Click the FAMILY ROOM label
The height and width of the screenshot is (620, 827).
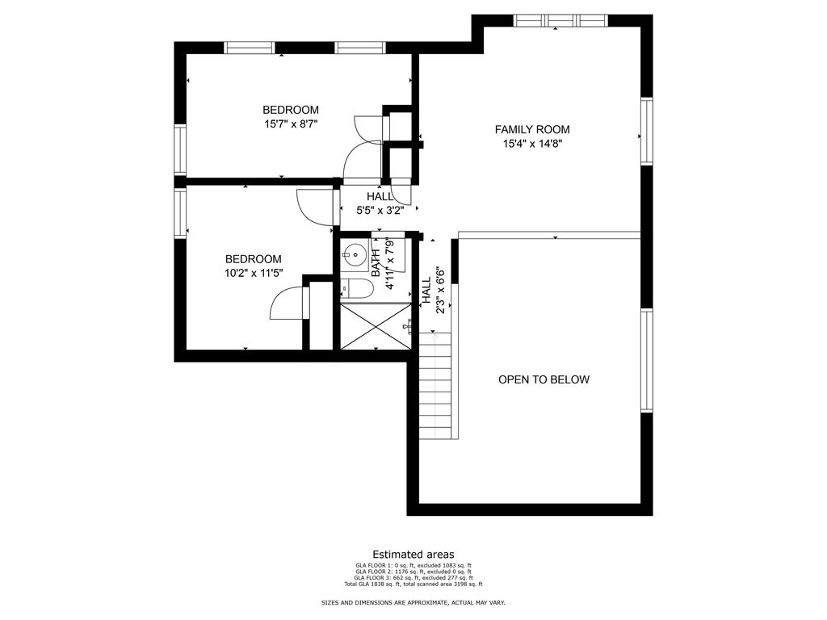[x=532, y=129]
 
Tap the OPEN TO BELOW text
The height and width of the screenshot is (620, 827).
[x=544, y=379]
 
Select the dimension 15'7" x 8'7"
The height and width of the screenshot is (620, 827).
[x=291, y=124]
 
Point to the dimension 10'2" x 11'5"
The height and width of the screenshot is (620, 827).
[x=253, y=273]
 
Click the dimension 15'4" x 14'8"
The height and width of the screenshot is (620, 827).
[x=532, y=144]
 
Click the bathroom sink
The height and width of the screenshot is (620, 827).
[x=354, y=255]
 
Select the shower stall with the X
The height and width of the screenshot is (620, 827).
[x=375, y=326]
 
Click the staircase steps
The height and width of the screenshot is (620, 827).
[x=435, y=386]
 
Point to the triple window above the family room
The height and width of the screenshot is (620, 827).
[x=560, y=20]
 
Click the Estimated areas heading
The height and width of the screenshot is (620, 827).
[x=413, y=554]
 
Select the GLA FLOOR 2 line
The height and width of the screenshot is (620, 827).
[x=413, y=572]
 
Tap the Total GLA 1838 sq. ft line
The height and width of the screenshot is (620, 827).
[x=413, y=584]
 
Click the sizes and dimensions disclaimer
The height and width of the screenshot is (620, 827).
[x=413, y=602]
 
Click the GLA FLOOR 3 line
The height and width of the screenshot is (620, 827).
[x=413, y=578]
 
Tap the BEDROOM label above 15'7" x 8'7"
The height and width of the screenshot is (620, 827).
[x=291, y=110]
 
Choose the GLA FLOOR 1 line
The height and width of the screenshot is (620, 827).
[x=413, y=565]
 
